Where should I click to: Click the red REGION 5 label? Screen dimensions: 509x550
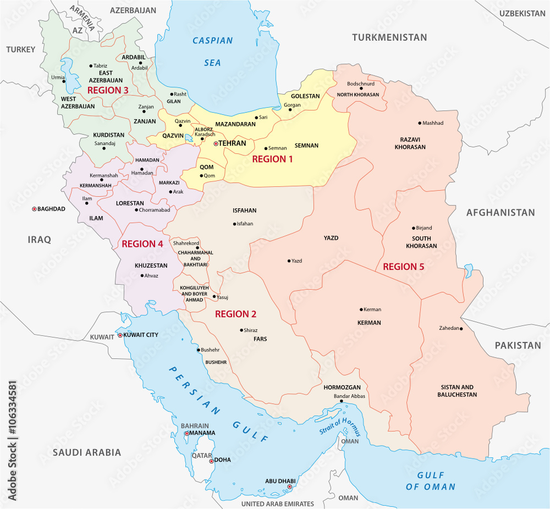[403, 267]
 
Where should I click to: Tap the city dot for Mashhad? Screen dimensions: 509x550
[420, 123]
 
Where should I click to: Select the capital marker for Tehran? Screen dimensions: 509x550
[216, 143]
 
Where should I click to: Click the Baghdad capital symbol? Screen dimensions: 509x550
[34, 209]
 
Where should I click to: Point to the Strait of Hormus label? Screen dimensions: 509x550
[339, 424]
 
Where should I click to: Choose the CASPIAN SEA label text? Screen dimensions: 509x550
[212, 51]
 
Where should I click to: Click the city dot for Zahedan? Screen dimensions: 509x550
[461, 329]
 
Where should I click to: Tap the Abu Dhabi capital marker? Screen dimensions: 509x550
[290, 486]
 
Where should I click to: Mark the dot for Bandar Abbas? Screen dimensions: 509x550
[342, 401]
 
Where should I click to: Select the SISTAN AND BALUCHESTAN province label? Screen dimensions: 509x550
[457, 391]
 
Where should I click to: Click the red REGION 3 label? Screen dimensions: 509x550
[108, 90]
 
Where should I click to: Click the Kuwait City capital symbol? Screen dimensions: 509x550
[120, 335]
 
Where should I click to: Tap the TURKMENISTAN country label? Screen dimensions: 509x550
[389, 37]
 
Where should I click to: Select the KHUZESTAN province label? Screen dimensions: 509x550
[151, 265]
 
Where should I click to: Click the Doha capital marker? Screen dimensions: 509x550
[211, 461]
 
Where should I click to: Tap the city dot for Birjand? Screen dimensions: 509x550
[414, 228]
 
